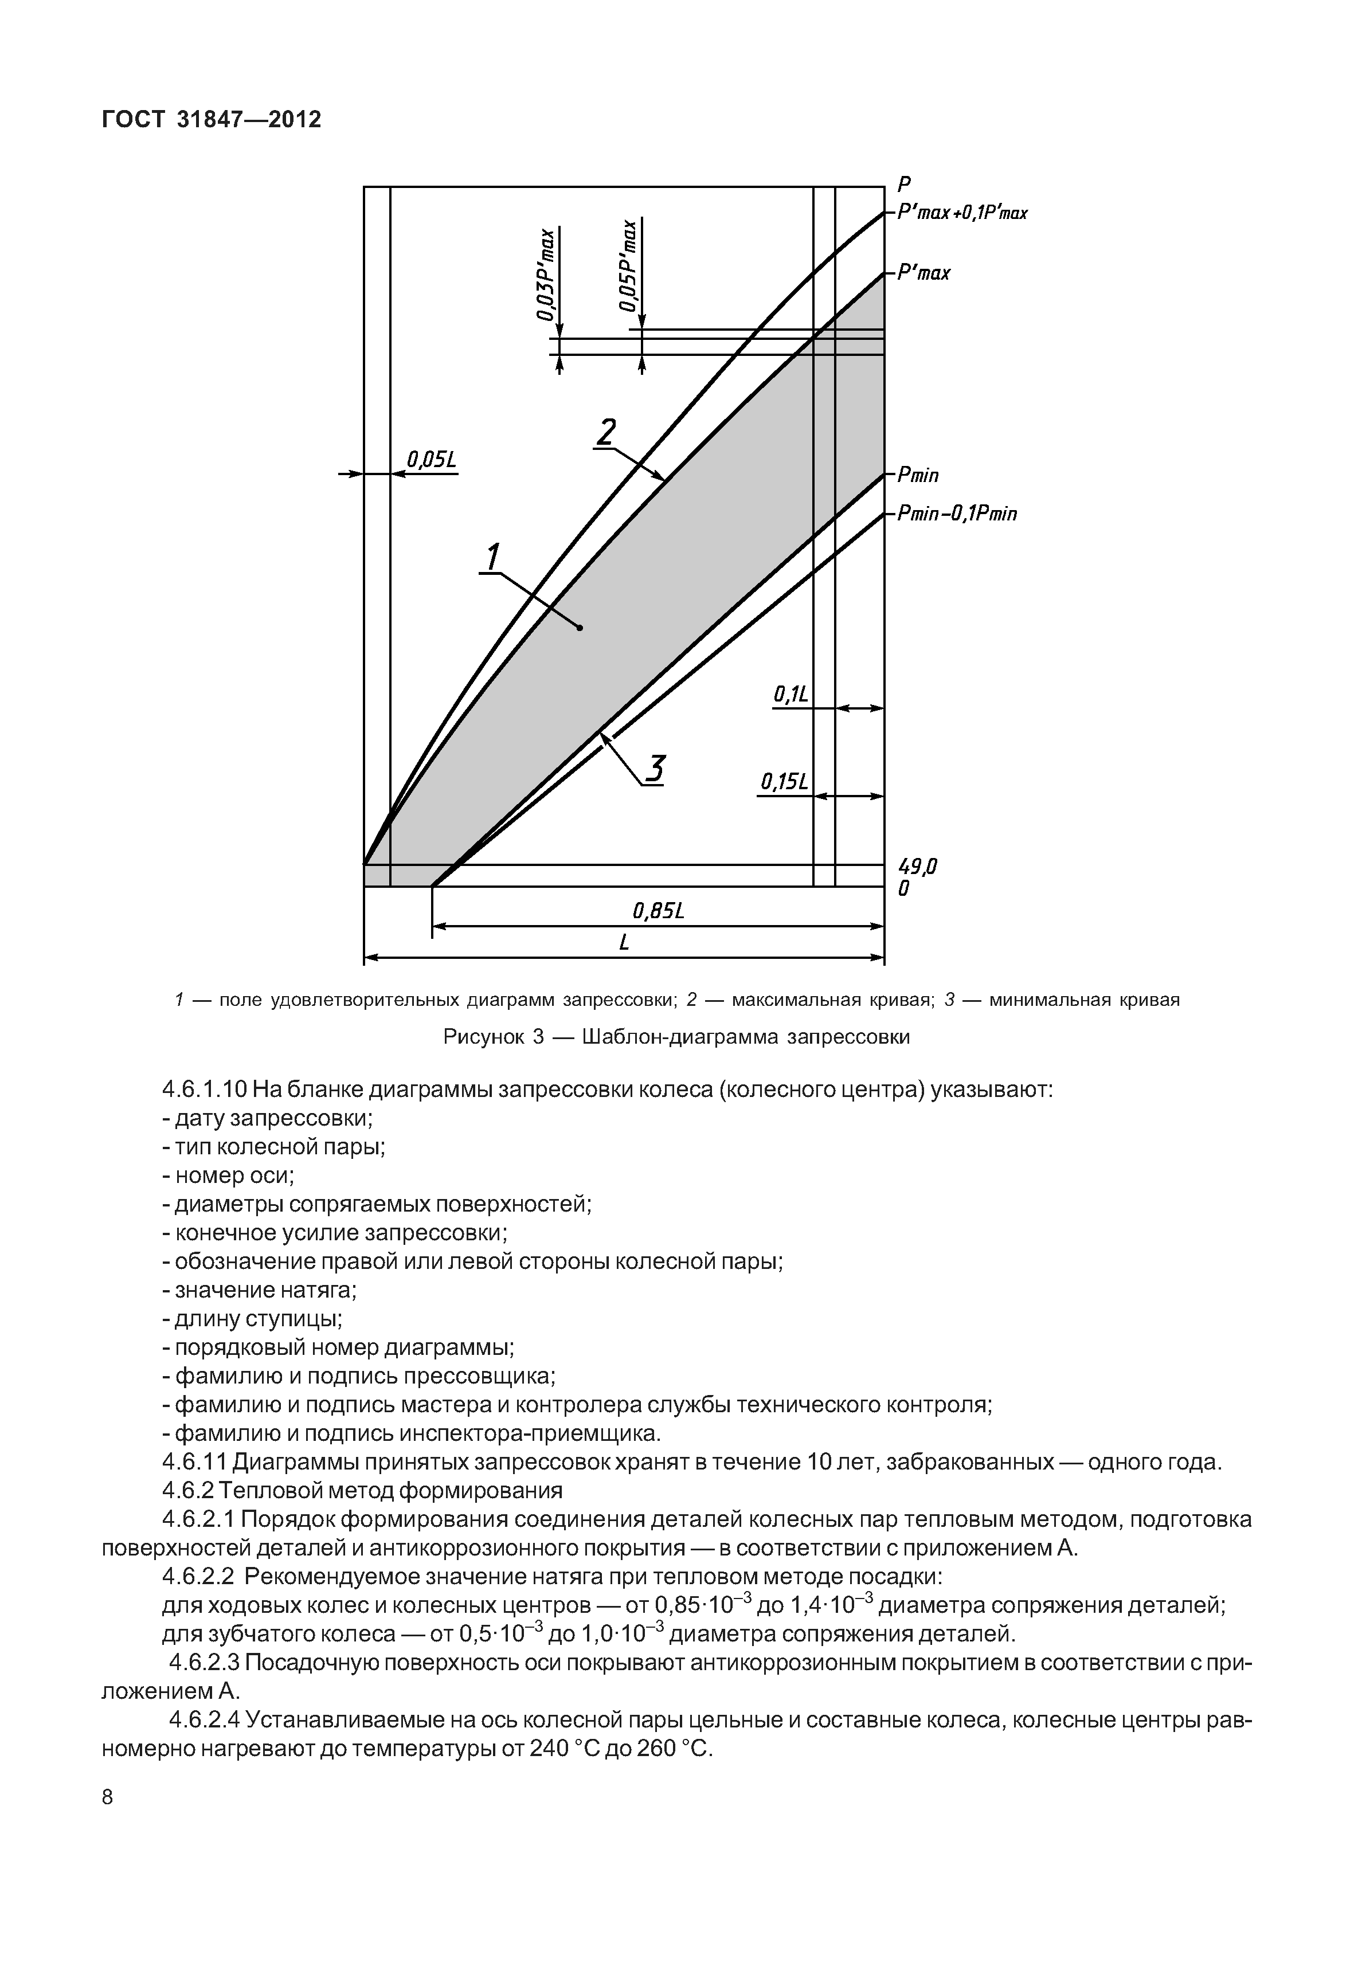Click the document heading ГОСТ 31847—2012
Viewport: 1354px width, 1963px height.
[x=212, y=120]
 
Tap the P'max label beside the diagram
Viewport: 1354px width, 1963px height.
[x=924, y=274]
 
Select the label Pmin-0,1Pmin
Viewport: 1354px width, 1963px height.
[x=957, y=514]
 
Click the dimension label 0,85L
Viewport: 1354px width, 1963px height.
[x=658, y=911]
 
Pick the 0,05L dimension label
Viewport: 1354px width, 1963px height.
[x=431, y=461]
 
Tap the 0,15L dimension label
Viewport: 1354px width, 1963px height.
[x=784, y=781]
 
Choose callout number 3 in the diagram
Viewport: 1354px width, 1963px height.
[x=654, y=769]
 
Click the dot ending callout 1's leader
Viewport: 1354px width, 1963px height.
[x=580, y=628]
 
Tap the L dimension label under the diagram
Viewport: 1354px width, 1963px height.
[x=624, y=942]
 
